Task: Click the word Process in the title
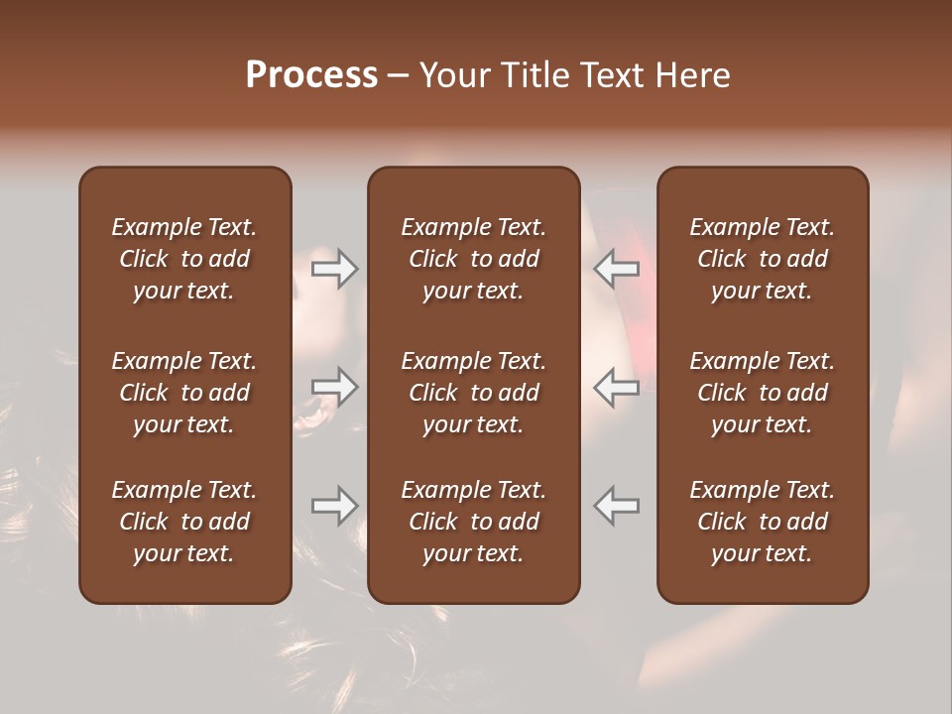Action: tap(311, 75)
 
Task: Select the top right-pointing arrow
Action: tap(334, 269)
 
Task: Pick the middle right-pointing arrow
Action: tap(334, 387)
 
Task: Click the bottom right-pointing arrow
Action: tap(334, 506)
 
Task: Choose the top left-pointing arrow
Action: tap(616, 269)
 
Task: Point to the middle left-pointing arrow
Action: tap(616, 387)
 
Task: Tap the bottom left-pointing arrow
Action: tap(616, 506)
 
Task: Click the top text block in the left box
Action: tap(184, 259)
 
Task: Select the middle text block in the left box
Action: tap(184, 393)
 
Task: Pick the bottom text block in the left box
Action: tap(184, 522)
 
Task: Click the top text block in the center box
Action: tap(473, 259)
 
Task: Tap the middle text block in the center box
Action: tap(473, 393)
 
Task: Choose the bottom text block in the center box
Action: tap(473, 522)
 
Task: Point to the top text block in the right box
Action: tap(762, 259)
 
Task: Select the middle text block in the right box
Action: tap(762, 393)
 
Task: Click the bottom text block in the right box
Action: tap(762, 522)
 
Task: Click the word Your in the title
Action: tap(452, 75)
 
